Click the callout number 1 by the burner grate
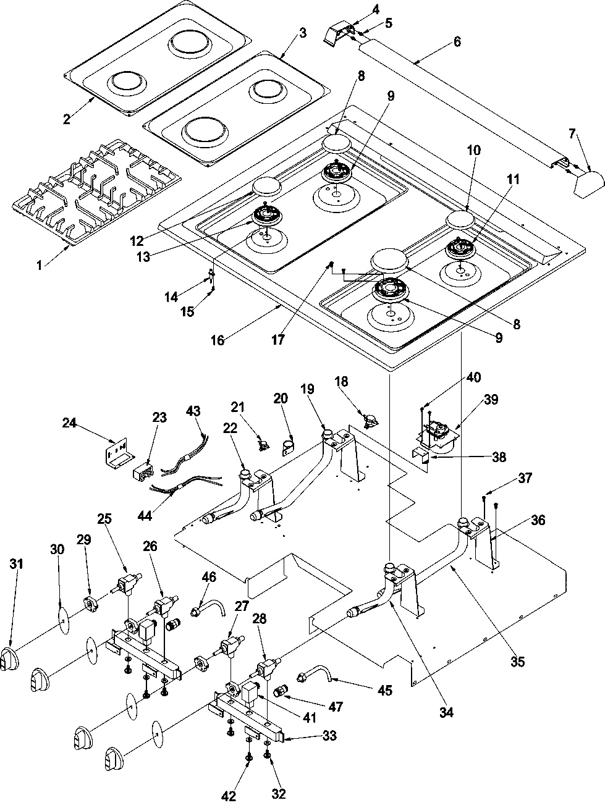coord(40,266)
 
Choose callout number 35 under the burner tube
coord(518,662)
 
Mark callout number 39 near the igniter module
coord(491,400)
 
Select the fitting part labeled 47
coord(281,690)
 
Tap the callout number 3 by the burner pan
coord(302,33)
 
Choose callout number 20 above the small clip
coord(281,399)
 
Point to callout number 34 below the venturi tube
coord(446,712)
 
